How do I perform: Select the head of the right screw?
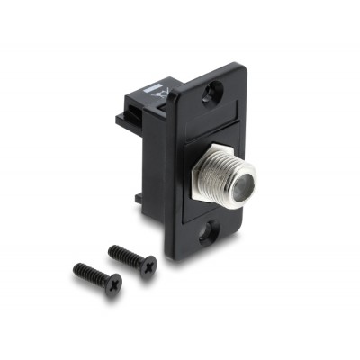click(148, 265)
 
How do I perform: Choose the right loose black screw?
click(133, 257)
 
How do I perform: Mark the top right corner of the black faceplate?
click(241, 67)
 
